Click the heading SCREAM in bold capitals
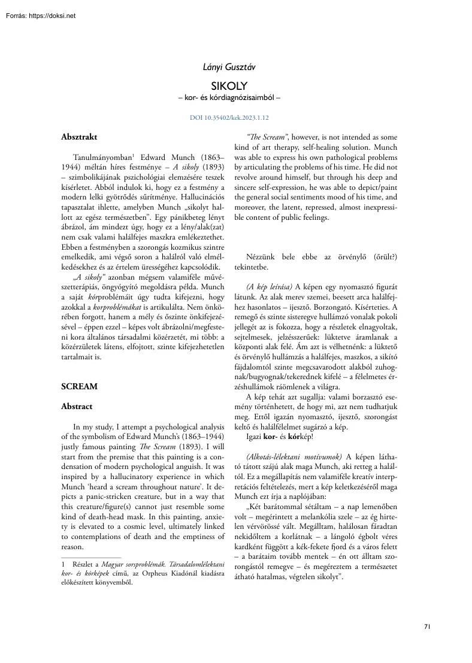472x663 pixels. click(80, 386)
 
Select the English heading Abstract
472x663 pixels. click(77, 407)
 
